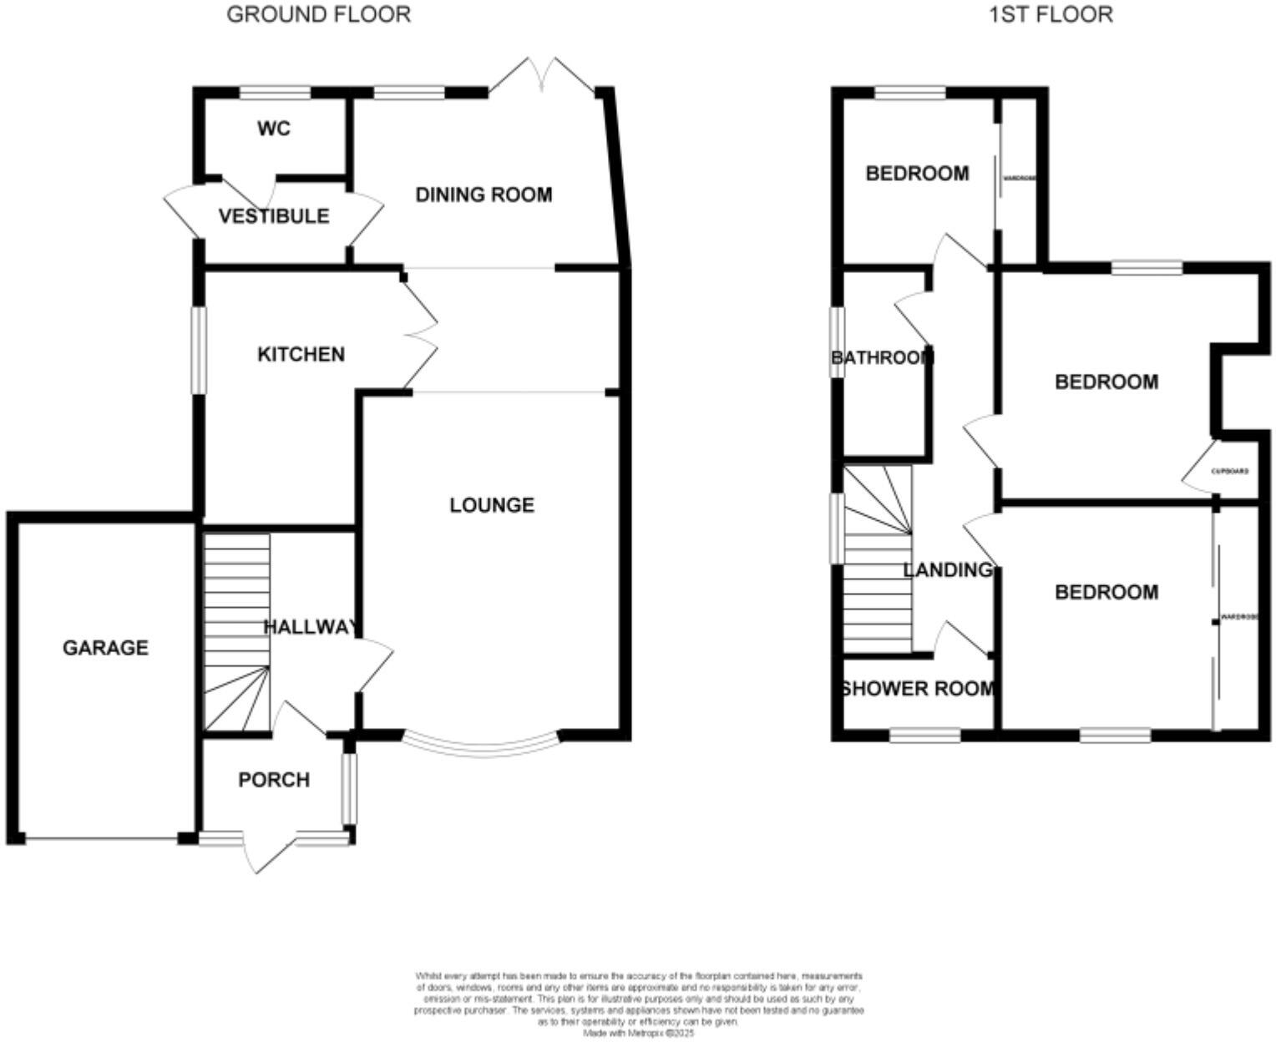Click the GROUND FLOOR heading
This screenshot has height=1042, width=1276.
pos(318,14)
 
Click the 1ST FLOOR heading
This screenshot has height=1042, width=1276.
pos(1051,14)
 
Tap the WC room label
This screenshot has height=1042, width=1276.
pos(274,129)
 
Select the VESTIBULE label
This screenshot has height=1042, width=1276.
pos(274,216)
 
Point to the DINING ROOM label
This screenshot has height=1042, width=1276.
pos(484,195)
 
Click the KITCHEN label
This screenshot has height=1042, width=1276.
pos(301,354)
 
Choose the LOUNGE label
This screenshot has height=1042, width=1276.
pos(491,505)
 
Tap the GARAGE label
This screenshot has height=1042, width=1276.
pos(105,648)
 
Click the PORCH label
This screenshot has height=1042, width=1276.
pos(274,780)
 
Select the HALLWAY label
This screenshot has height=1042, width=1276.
pos(311,627)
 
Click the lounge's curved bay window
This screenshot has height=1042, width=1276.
pos(481,746)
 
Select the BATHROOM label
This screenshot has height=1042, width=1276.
pos(882,358)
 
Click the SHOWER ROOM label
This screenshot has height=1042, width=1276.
pos(918,689)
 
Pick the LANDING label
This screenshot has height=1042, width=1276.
pos(948,570)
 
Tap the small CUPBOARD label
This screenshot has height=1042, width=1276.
pos(1230,471)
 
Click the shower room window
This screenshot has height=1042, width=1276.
pos(924,736)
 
